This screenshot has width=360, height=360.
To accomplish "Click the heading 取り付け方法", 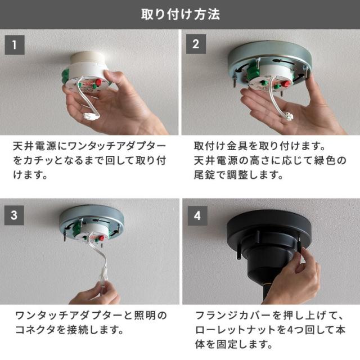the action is tap(181, 14).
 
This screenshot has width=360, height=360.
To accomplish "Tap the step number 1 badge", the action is tap(15, 45).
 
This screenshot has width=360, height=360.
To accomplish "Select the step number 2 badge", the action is tap(196, 44).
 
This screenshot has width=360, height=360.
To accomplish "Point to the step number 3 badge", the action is tap(14, 215).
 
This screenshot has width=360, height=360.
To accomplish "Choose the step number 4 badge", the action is tap(197, 215).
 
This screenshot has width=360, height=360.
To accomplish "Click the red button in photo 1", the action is tap(99, 82).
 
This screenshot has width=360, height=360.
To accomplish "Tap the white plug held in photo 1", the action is tap(91, 115).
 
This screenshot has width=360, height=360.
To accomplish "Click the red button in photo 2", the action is tap(286, 83).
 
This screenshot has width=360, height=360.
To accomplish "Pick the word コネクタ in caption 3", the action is tap(35, 330).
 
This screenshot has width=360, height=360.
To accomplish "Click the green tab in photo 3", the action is tap(75, 232).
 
